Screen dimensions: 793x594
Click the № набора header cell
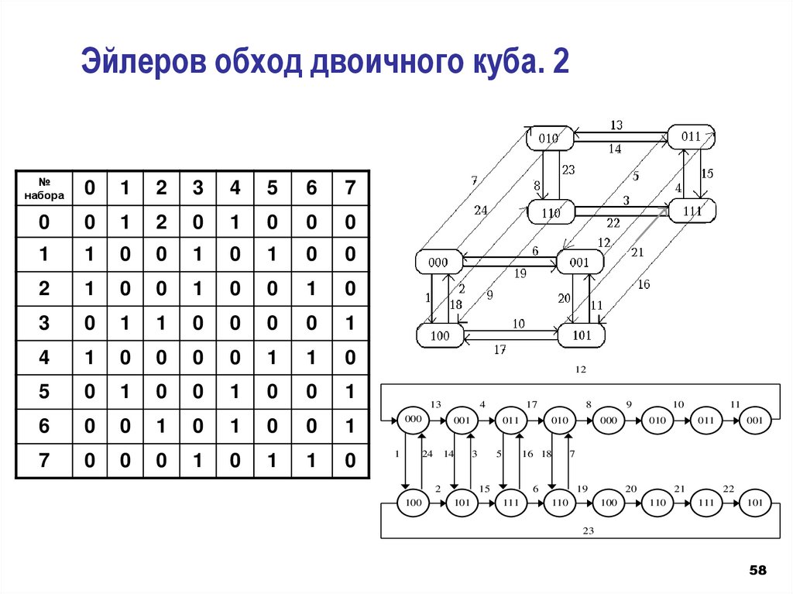[x=43, y=188]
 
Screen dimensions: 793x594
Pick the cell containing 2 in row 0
[x=160, y=223]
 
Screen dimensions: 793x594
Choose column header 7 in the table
[x=350, y=188]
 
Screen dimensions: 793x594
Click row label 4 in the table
[x=43, y=359]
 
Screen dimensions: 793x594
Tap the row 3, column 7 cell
[x=350, y=324]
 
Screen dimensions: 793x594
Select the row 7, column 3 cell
[x=198, y=461]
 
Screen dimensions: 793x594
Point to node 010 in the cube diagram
[x=550, y=139]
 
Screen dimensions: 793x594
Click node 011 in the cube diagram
[x=691, y=137]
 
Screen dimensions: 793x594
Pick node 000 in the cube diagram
[x=438, y=263]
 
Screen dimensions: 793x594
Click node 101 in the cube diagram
[x=581, y=336]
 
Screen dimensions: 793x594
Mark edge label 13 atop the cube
[x=616, y=125]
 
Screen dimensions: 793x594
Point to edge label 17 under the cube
[x=499, y=350]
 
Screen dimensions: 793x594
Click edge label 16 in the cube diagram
[x=644, y=284]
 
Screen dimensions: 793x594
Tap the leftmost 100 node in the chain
[x=413, y=503]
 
